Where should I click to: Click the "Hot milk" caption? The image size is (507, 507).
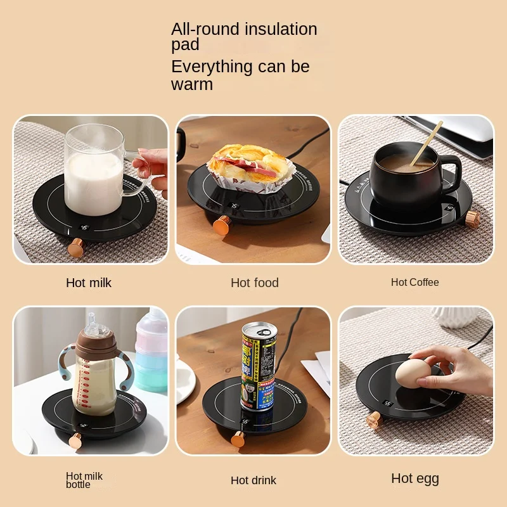coord(89,283)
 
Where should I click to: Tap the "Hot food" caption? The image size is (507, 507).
coord(255,283)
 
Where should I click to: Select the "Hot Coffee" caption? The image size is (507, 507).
coord(415,282)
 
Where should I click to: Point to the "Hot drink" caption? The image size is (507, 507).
coord(253,480)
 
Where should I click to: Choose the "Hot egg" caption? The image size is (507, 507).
coord(415,478)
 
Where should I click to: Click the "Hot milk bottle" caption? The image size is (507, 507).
coord(84,480)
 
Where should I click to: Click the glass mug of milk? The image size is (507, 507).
coord(95,171)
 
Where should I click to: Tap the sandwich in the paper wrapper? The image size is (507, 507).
coord(250,166)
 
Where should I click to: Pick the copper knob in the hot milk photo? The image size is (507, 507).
coord(77,247)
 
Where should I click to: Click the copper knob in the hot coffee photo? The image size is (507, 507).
coord(473,219)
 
